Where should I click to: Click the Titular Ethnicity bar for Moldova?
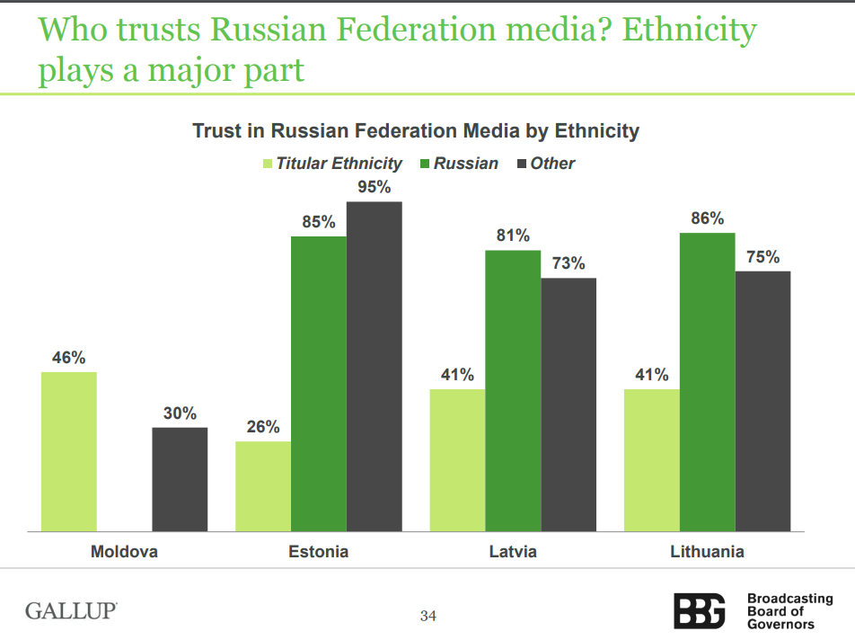pos(69,451)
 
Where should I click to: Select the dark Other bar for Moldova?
pos(180,479)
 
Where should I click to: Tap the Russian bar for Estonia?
pos(319,384)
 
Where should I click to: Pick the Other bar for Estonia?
pos(375,367)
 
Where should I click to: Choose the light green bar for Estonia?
pos(263,486)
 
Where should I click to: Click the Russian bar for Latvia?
pos(513,391)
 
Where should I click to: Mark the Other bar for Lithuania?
pos(762,401)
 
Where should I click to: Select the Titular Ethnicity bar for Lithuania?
pos(652,460)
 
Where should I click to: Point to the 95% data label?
pos(375,188)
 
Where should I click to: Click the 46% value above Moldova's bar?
pos(68,358)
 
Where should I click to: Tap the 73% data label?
pos(568,264)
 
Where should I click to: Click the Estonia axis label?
pos(318,551)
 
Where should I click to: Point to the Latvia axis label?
pos(513,551)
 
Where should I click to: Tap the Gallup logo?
pos(71,611)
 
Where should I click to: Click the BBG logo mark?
pos(700,611)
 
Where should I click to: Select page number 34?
pos(427,616)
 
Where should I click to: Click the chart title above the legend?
pos(416,131)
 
